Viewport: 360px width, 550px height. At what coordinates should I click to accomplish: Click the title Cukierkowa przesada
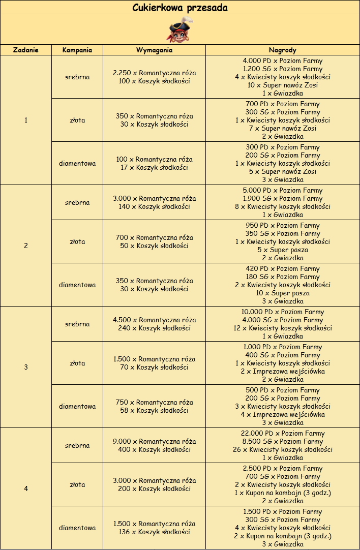pos(180,8)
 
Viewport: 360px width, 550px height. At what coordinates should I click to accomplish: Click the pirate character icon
pos(180,30)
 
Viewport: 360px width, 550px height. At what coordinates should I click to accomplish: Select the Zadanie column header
pos(26,50)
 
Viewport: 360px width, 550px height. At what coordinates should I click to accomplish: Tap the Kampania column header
pos(77,50)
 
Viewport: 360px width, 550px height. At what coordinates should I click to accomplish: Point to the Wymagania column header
pos(155,50)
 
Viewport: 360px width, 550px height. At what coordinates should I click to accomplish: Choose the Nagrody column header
pos(283,50)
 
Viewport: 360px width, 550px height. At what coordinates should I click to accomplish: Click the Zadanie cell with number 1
pos(26,120)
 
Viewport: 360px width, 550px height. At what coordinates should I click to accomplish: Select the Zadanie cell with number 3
pos(26,367)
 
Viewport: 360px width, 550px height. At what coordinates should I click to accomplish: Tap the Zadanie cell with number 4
pos(26,488)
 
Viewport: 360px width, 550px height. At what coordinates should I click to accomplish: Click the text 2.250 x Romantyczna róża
pos(155,73)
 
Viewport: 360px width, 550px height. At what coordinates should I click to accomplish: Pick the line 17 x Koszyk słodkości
pos(155,167)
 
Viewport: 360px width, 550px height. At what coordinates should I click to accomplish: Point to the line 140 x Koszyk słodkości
pos(155,206)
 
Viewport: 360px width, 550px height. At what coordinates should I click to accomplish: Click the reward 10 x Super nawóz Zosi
pos(283,85)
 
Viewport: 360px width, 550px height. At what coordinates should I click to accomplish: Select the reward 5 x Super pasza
pos(283,250)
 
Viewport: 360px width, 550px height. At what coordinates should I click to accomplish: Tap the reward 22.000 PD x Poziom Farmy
pos(283,433)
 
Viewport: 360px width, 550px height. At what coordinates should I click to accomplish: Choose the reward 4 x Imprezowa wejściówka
pos(283,414)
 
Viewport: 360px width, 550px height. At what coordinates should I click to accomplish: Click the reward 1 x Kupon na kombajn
pos(283,493)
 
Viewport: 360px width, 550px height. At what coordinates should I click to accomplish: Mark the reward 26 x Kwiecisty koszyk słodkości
pos(283,449)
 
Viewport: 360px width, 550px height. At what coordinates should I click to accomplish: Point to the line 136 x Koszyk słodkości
pos(155,532)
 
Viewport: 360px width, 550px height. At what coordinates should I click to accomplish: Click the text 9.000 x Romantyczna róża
pos(155,441)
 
